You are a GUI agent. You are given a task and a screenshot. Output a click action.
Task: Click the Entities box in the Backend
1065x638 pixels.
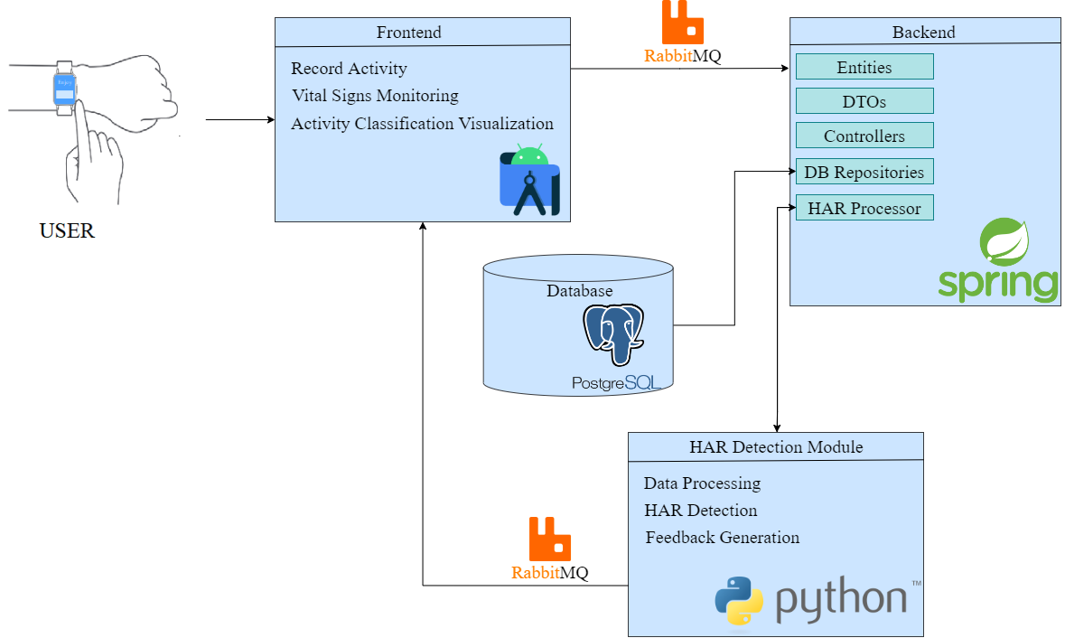click(x=864, y=67)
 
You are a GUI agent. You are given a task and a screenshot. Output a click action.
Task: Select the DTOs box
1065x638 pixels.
click(x=864, y=101)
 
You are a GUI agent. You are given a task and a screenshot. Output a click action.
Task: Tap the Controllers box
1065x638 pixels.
click(x=864, y=136)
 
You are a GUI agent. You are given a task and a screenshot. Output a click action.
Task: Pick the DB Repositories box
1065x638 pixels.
click(x=864, y=172)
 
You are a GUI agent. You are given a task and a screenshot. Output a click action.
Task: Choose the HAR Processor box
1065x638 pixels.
click(x=864, y=208)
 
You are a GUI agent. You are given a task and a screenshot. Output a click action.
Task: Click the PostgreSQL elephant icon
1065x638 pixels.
click(x=613, y=334)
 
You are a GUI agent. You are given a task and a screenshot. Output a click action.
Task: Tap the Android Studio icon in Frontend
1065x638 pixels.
click(x=530, y=182)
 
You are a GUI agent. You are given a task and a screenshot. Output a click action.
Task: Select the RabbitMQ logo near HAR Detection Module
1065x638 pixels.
click(x=549, y=539)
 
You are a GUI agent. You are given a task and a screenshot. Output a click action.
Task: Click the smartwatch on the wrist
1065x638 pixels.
click(x=65, y=88)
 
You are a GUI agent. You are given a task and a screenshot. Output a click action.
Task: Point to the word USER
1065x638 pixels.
click(x=67, y=231)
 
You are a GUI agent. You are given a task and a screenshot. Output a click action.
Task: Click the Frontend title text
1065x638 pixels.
click(x=409, y=33)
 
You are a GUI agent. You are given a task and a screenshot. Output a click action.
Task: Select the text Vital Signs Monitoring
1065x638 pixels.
click(x=375, y=96)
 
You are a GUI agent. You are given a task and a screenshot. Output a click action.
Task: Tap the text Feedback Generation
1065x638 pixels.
click(x=722, y=538)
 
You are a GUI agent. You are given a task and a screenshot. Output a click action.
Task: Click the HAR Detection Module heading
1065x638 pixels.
click(x=775, y=447)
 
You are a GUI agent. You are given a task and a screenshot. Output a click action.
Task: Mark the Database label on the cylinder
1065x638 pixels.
click(x=579, y=291)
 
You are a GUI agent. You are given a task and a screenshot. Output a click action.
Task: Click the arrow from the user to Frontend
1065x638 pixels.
click(x=239, y=119)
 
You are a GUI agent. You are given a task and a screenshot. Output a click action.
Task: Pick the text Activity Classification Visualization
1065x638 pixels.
click(x=422, y=124)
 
